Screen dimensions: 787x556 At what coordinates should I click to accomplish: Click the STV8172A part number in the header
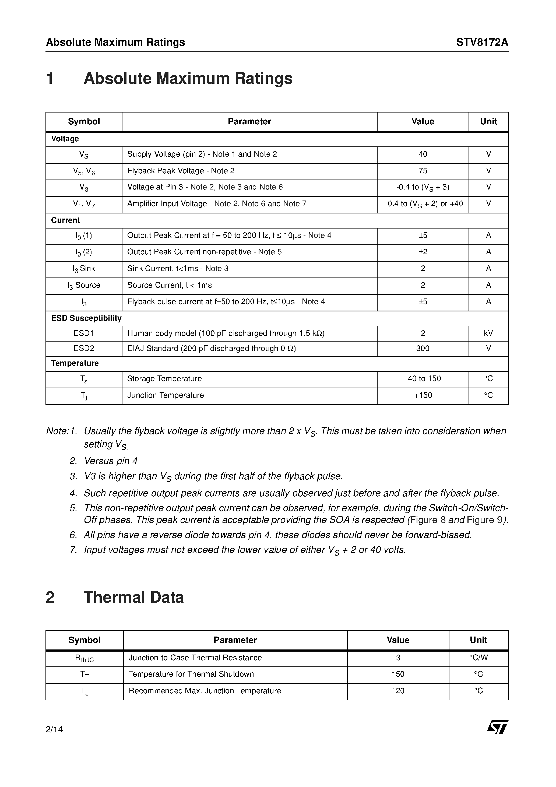tap(482, 42)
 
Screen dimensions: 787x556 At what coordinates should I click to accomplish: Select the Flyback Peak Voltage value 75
tap(423, 171)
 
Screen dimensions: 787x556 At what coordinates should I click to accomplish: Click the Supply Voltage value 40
tap(423, 154)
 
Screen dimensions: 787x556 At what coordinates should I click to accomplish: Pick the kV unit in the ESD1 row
tap(488, 333)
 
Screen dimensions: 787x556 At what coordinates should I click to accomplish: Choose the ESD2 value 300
tap(423, 349)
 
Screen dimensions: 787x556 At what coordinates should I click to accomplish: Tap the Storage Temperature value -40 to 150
tap(423, 379)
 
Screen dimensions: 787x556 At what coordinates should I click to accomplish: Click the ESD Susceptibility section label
tap(86, 318)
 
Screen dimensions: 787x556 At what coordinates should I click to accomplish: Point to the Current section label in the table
tap(65, 220)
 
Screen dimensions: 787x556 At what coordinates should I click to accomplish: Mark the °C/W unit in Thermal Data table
tap(478, 658)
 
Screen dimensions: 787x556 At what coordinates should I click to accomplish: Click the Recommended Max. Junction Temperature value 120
tap(398, 691)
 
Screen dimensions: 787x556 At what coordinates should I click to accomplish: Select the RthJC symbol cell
tap(84, 658)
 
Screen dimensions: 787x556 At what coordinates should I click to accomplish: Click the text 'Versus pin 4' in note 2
tap(111, 461)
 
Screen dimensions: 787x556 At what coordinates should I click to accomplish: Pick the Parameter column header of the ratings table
tap(249, 122)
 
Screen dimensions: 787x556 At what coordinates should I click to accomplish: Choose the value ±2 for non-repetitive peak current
tap(423, 252)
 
